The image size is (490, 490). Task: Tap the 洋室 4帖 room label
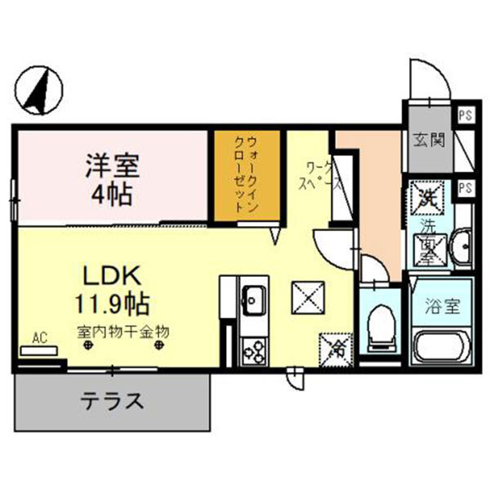[x=113, y=179]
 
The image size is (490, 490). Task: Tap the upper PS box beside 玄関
[x=464, y=115]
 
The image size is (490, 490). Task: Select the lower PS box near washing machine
[x=464, y=188]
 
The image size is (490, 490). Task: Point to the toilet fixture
[x=381, y=327]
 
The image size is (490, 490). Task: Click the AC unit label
[x=38, y=337]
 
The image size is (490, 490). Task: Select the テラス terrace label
[x=113, y=401]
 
